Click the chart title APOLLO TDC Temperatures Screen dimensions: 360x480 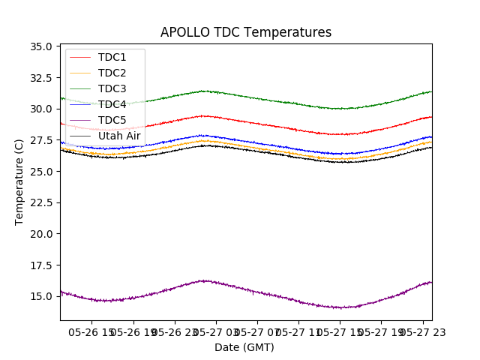[246, 33]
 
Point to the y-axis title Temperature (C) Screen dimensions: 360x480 [20, 182]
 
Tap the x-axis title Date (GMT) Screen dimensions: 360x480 [244, 347]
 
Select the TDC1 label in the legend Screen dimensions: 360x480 [112, 57]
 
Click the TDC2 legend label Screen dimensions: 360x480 [112, 73]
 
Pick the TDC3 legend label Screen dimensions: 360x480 [112, 88]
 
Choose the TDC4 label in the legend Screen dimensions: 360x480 [112, 104]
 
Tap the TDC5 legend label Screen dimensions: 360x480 [112, 120]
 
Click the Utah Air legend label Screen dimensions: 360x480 [119, 136]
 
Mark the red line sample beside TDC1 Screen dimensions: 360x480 [80, 57]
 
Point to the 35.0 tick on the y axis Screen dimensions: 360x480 [42, 46]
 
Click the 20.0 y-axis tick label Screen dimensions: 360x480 [42, 234]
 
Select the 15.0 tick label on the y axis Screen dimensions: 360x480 [42, 296]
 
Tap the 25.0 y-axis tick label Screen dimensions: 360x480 [42, 172]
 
